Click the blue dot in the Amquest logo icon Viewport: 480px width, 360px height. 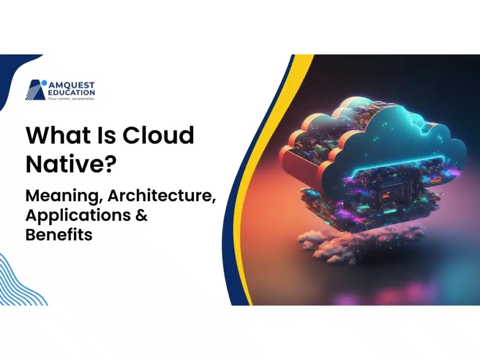coord(44,83)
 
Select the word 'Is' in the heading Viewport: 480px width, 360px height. coord(103,136)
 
